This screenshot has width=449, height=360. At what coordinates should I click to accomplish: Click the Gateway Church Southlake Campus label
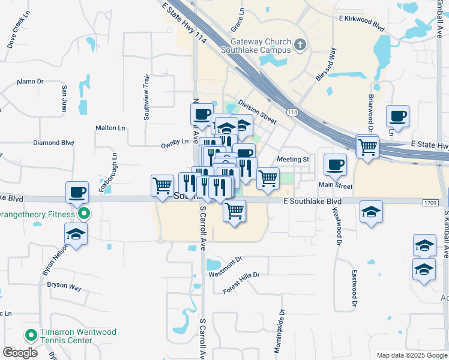point(260,47)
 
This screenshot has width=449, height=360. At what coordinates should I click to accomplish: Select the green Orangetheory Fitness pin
point(85,213)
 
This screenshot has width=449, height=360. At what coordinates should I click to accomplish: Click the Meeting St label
point(292,160)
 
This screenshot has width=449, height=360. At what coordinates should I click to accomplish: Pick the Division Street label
point(257,112)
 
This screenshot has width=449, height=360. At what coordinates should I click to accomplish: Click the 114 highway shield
point(292,113)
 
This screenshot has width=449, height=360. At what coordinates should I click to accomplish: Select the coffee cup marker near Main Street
point(335,164)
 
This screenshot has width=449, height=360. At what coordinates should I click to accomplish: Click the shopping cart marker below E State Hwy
point(367,146)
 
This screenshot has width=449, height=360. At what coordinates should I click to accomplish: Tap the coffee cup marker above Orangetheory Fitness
point(77,193)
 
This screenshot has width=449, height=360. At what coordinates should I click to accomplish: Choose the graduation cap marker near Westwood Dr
point(371,212)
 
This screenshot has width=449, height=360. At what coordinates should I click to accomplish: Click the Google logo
point(20,352)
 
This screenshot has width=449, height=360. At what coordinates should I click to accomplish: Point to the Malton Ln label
point(110,128)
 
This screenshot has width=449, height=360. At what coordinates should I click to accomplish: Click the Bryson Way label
point(64,287)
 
